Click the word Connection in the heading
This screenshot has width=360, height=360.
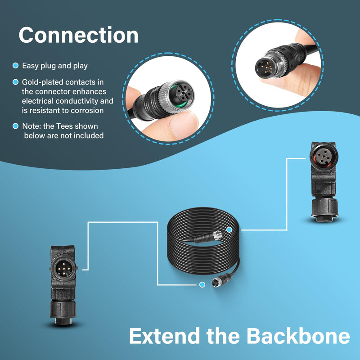[78, 35]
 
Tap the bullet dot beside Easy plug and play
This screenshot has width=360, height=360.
[15, 66]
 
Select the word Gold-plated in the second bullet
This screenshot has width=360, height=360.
[41, 82]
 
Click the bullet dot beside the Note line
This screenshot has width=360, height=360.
[15, 126]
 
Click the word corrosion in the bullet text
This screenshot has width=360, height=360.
[87, 110]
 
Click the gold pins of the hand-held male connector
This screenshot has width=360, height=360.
[267, 67]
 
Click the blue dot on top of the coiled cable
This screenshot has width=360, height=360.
[229, 229]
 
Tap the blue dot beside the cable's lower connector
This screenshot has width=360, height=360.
[202, 285]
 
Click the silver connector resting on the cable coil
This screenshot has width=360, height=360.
[218, 235]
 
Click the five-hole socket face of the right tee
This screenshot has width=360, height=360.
[323, 157]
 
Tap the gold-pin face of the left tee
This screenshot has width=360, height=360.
[63, 268]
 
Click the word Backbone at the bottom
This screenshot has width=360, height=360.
[298, 336]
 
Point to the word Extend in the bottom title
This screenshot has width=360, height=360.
[164, 336]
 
